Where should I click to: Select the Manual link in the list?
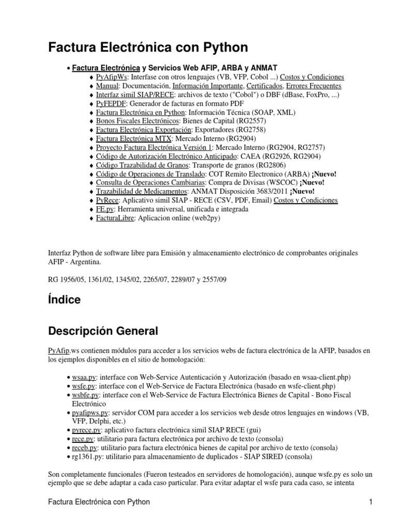click(107, 86)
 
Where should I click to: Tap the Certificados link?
click(264, 86)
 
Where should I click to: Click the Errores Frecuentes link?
click(314, 86)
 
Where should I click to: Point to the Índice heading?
click(64, 300)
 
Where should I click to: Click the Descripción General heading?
click(103, 331)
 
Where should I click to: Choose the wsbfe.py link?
click(84, 395)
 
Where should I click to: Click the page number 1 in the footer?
click(371, 501)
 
